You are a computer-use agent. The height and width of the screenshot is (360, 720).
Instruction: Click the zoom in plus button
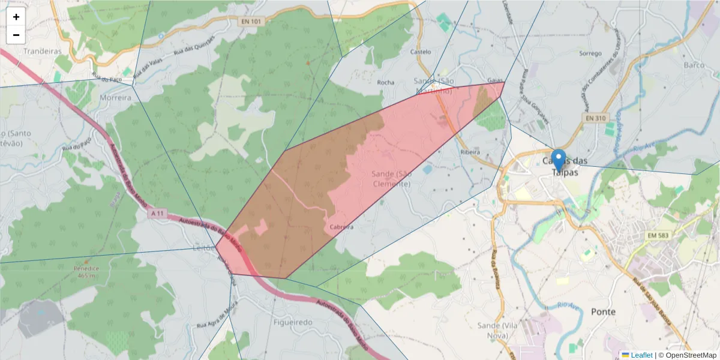(16, 17)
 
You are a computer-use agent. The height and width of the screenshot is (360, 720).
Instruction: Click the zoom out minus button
(16, 35)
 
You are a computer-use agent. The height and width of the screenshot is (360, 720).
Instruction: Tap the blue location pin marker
(559, 160)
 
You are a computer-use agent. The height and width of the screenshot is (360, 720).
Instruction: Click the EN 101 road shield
(251, 22)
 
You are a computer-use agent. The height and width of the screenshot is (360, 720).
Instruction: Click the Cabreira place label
(341, 227)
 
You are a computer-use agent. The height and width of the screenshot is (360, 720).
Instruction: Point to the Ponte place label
(603, 311)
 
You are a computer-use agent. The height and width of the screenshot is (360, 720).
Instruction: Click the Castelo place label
(420, 52)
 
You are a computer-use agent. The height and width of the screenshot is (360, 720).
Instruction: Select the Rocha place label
(385, 82)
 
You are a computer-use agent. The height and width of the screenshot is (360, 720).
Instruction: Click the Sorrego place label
(590, 53)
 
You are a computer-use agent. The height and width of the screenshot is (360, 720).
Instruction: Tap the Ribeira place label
(470, 152)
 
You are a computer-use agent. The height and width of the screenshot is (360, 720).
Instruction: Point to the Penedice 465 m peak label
(85, 272)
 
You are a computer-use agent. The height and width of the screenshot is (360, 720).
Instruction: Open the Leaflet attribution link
(642, 355)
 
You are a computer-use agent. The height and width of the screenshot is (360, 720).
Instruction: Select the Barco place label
(694, 64)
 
